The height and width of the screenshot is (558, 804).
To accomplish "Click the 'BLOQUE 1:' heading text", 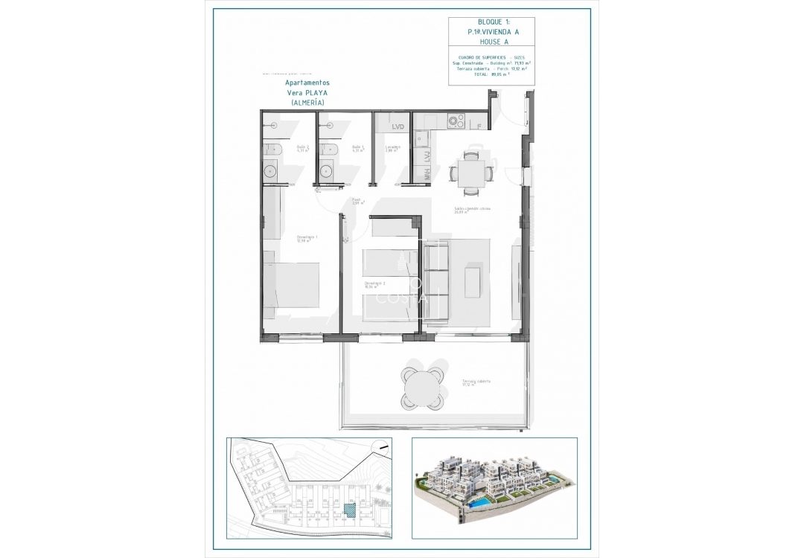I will pyautogui.click(x=491, y=23).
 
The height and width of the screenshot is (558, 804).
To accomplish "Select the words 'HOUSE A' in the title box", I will pyautogui.click(x=491, y=43).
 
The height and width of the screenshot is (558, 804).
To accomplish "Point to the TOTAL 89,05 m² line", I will pyautogui.click(x=491, y=74).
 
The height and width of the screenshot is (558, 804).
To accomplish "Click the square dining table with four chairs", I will pyautogui.click(x=470, y=173).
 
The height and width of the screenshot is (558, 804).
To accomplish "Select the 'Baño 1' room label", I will pyautogui.click(x=357, y=148).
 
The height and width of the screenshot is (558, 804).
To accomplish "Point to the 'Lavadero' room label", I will pyautogui.click(x=393, y=148).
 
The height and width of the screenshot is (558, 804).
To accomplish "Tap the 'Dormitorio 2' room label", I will pyautogui.click(x=374, y=284).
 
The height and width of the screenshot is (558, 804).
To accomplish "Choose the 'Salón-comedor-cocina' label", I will pyautogui.click(x=472, y=210).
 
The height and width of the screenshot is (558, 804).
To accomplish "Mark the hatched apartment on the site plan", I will pyautogui.click(x=350, y=510).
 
